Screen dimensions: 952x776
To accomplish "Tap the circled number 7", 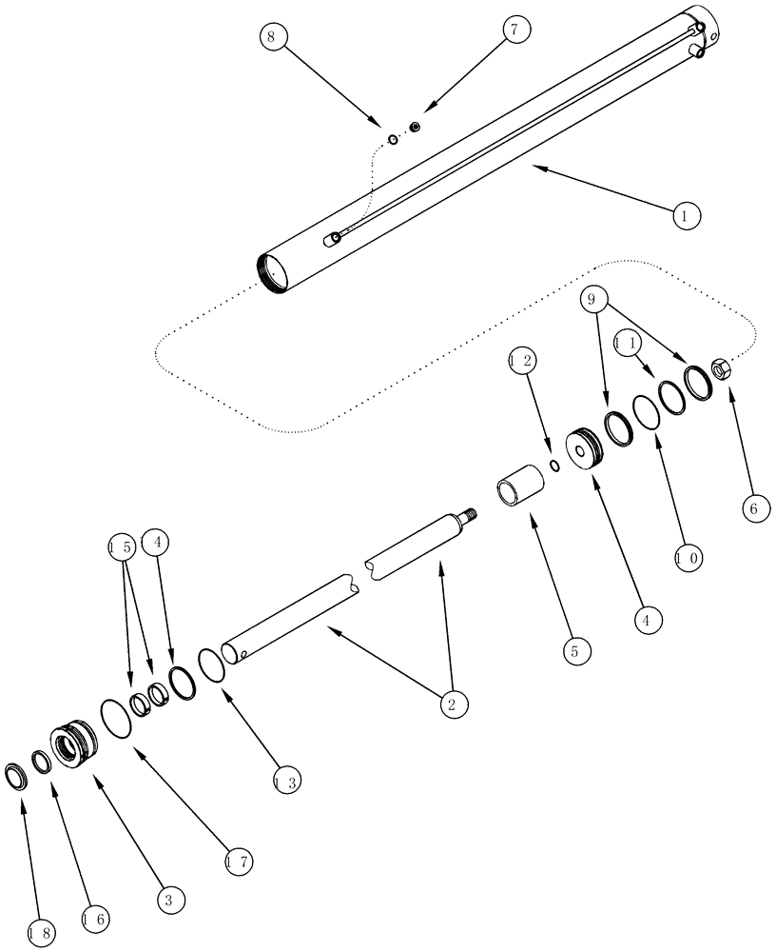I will click(x=514, y=30).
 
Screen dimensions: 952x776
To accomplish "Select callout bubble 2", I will click(x=452, y=704).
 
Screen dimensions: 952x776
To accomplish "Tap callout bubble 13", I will click(x=286, y=783).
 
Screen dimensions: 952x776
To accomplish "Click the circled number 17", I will click(x=240, y=863).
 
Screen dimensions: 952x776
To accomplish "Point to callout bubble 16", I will click(x=95, y=919).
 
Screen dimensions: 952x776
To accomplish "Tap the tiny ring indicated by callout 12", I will click(x=553, y=466).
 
